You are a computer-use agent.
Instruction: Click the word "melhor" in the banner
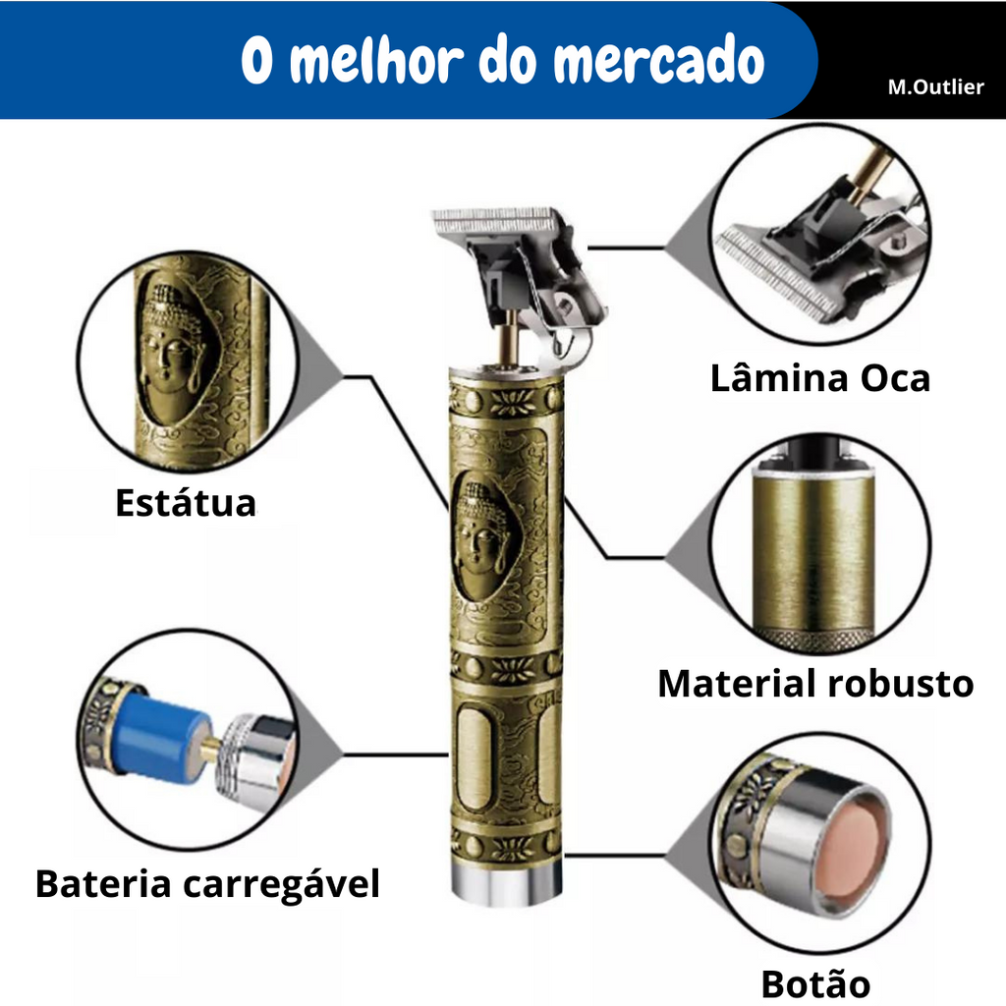(376, 60)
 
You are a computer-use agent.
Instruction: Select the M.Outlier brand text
(935, 86)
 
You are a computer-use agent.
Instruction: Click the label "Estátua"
(186, 502)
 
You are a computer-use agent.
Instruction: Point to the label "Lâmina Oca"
(820, 378)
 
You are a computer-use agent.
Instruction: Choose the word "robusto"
(901, 683)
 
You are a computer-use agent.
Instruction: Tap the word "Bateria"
(103, 883)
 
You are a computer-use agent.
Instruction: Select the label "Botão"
(815, 984)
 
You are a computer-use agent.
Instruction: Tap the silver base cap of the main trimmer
(506, 882)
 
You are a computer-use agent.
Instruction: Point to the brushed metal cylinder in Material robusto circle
(812, 553)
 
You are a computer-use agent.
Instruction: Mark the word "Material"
(737, 683)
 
